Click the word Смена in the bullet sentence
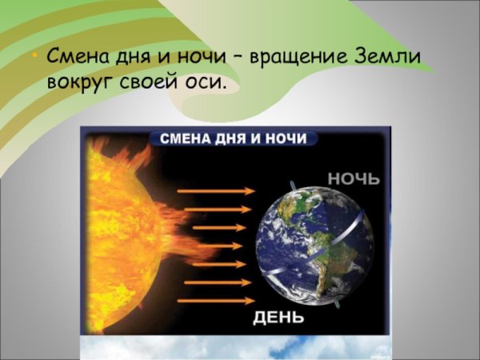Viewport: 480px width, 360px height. pos(79,58)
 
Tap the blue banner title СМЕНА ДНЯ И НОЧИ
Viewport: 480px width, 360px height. pos(233,138)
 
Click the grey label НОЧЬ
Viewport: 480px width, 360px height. pos(352,177)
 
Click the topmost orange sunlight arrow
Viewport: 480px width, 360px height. pos(215,191)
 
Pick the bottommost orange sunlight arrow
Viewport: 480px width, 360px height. pos(215,301)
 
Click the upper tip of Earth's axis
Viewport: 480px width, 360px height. pos(294,185)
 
